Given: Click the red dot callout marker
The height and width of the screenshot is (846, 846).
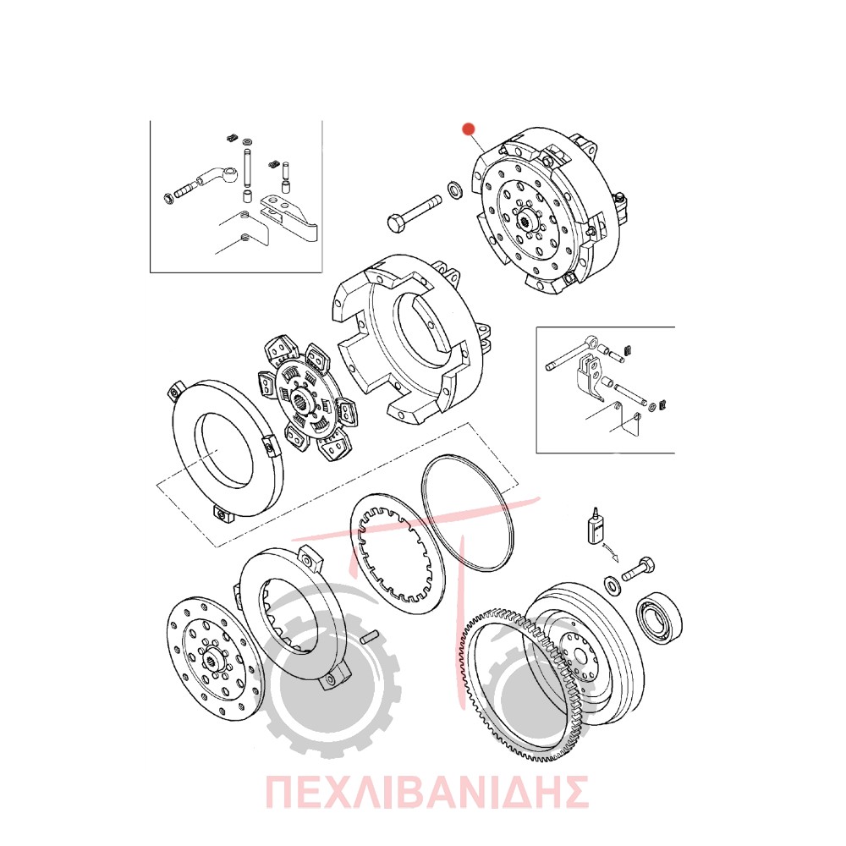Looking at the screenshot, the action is pos(469,129).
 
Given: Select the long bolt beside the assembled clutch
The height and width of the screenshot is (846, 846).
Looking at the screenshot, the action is pos(415,214).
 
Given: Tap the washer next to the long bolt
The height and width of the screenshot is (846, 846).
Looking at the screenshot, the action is pos(455,190).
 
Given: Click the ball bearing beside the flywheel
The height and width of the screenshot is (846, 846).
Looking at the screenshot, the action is pos(659,619).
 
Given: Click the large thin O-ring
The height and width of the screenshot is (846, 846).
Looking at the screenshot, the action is pos(467,512).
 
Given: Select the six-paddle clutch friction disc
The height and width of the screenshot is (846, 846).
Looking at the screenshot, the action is pos(305,398).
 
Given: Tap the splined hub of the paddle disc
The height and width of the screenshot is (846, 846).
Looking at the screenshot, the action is pos(302,401).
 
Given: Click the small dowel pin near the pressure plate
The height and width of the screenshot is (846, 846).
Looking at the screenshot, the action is pos(371,637).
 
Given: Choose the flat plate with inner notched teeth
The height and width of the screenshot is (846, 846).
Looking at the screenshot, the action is pos(398,552).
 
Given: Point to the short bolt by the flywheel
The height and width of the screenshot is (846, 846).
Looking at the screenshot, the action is pos(639,569).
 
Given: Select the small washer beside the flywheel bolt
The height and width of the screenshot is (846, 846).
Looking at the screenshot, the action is pos(613,585).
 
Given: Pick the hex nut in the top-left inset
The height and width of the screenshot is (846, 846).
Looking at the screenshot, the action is pos(168,197).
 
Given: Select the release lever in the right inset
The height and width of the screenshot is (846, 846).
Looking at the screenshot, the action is pos(590,375).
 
